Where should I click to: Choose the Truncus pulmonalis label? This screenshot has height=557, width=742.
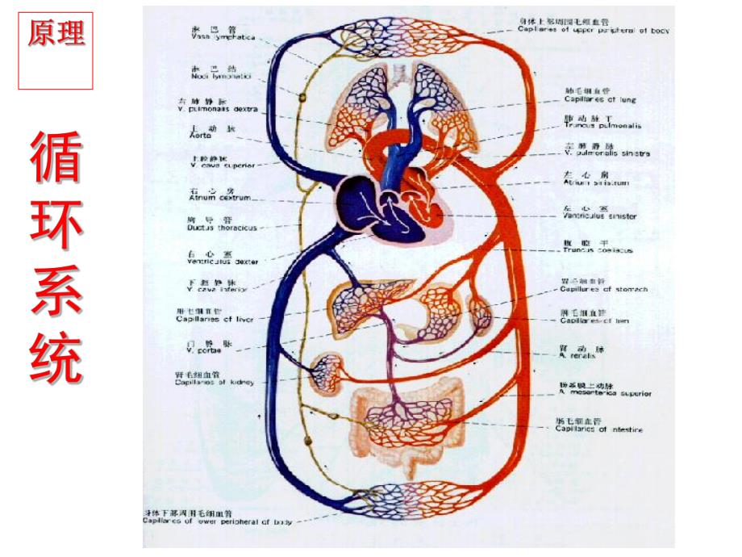click(602, 126)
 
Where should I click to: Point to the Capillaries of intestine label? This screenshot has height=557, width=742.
click(598, 429)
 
